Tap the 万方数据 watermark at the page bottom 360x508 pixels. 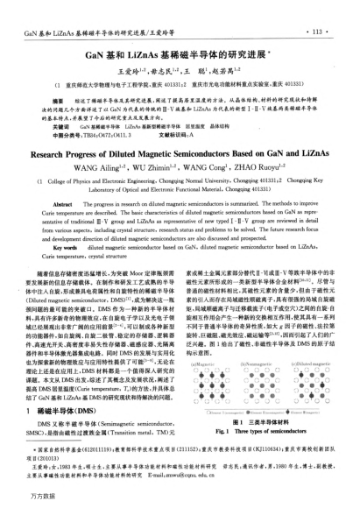[x=30, y=498]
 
